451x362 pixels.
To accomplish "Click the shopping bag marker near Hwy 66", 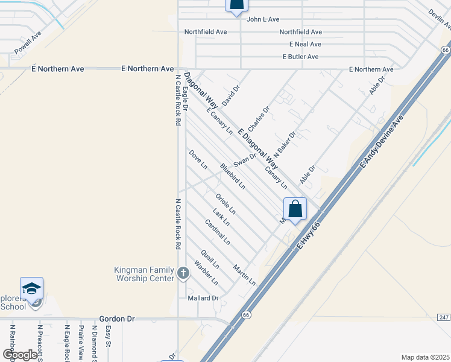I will [x=295, y=210].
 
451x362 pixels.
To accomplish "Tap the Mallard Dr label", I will [x=202, y=298].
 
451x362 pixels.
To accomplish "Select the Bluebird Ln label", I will [x=232, y=176].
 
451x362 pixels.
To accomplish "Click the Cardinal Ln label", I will [x=217, y=232].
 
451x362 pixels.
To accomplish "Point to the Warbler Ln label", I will [x=206, y=272].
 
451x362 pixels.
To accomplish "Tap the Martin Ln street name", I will [x=244, y=275].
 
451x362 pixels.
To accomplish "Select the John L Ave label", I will [x=262, y=19].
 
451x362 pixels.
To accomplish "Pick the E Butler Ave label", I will [x=300, y=57].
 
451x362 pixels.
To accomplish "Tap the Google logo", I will [x=19, y=354].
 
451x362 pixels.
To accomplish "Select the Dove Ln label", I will [x=198, y=159].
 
